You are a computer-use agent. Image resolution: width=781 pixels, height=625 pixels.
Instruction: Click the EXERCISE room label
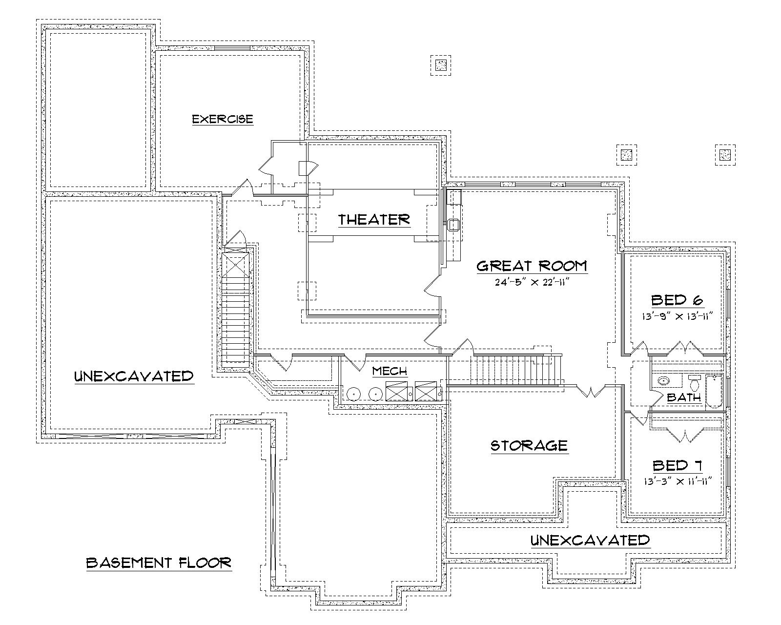click(223, 119)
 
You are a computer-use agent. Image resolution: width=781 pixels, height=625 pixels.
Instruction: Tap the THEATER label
click(374, 220)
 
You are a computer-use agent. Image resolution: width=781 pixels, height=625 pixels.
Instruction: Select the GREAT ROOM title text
click(532, 266)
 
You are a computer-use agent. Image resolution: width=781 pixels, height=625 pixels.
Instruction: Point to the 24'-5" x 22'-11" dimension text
click(532, 282)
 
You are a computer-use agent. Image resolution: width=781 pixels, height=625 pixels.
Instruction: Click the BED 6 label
click(677, 300)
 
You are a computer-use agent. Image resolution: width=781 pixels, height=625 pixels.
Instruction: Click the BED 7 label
click(677, 465)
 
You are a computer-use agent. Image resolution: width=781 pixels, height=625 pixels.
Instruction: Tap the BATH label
click(684, 397)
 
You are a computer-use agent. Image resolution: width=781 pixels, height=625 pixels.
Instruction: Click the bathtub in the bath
click(714, 391)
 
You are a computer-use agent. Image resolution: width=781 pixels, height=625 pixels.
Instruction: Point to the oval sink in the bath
click(663, 380)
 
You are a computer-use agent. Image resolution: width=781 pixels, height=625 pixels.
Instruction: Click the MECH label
click(390, 371)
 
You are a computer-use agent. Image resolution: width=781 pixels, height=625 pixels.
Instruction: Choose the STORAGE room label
click(529, 445)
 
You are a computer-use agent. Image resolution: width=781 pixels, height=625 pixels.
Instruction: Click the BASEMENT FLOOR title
click(159, 562)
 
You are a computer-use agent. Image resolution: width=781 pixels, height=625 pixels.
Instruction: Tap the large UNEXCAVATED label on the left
click(134, 376)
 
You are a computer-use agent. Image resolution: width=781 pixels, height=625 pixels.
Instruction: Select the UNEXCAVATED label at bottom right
click(590, 541)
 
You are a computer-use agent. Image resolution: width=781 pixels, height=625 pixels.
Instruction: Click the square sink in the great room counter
click(453, 225)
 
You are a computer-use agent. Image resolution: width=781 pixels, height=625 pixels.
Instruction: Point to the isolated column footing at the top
click(441, 64)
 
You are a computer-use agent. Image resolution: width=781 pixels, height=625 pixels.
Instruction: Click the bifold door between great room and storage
click(591, 391)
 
